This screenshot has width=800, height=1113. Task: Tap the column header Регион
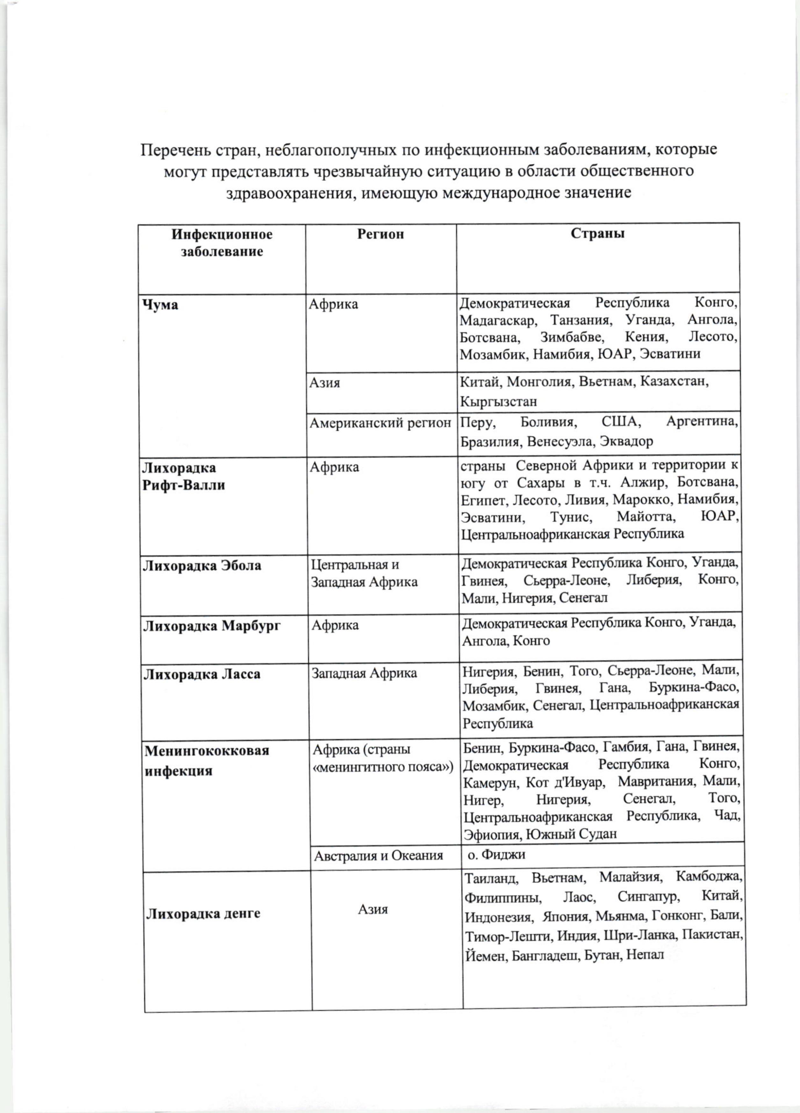click(380, 234)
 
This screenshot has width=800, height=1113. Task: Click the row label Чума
click(160, 305)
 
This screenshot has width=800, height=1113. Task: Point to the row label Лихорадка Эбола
click(202, 566)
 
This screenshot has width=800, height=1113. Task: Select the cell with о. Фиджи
click(496, 854)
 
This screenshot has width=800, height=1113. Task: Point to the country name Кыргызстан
click(498, 401)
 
